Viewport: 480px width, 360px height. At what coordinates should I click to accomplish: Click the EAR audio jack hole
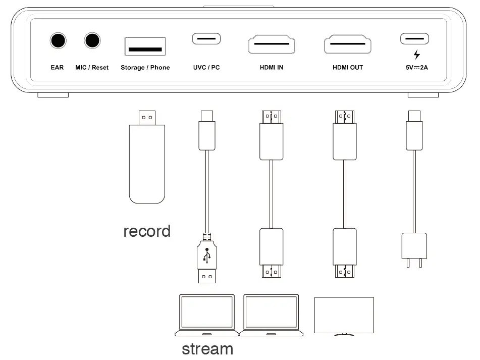click(x=58, y=40)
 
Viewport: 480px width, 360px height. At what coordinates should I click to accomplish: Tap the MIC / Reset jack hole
click(x=92, y=40)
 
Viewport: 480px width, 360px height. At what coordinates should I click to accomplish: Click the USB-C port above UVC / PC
click(x=206, y=39)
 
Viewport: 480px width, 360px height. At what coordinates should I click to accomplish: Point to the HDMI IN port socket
click(x=272, y=45)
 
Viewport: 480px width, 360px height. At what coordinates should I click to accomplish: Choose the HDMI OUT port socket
click(x=347, y=45)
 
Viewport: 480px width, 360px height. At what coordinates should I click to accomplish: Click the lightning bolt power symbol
click(x=416, y=55)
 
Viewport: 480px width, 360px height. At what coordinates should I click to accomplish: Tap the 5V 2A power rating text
click(x=416, y=67)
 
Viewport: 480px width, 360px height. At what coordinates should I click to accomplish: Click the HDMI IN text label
click(x=272, y=67)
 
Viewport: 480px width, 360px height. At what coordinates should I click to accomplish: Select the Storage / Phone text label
click(x=145, y=67)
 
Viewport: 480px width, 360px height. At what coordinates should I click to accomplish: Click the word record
click(x=147, y=231)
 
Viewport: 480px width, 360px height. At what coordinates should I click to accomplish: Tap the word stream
click(x=207, y=349)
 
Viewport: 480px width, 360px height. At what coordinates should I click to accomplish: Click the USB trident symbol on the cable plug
click(x=207, y=255)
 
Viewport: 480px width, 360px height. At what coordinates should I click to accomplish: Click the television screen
click(x=344, y=315)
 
